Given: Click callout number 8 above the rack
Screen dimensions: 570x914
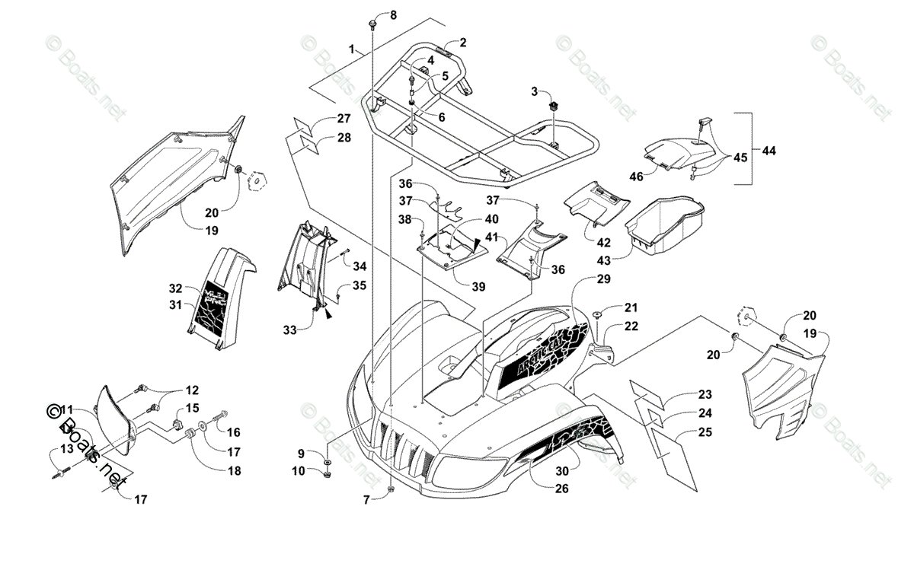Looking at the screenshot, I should point(393,15).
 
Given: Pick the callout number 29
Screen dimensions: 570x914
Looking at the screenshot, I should point(603,279).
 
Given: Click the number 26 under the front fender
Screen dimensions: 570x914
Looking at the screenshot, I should point(561,489).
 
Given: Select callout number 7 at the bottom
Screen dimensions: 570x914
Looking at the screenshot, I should point(365,500).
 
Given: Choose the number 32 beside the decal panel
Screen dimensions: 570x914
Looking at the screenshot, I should point(176,288).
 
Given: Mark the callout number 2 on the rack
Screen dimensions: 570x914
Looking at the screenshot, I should point(462,43).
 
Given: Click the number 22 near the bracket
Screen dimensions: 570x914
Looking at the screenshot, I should point(631,326).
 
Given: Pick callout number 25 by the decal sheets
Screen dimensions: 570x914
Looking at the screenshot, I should point(705,432).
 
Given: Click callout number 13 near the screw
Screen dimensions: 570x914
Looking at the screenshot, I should point(67,449).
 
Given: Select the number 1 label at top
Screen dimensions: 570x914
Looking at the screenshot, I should point(353,49).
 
